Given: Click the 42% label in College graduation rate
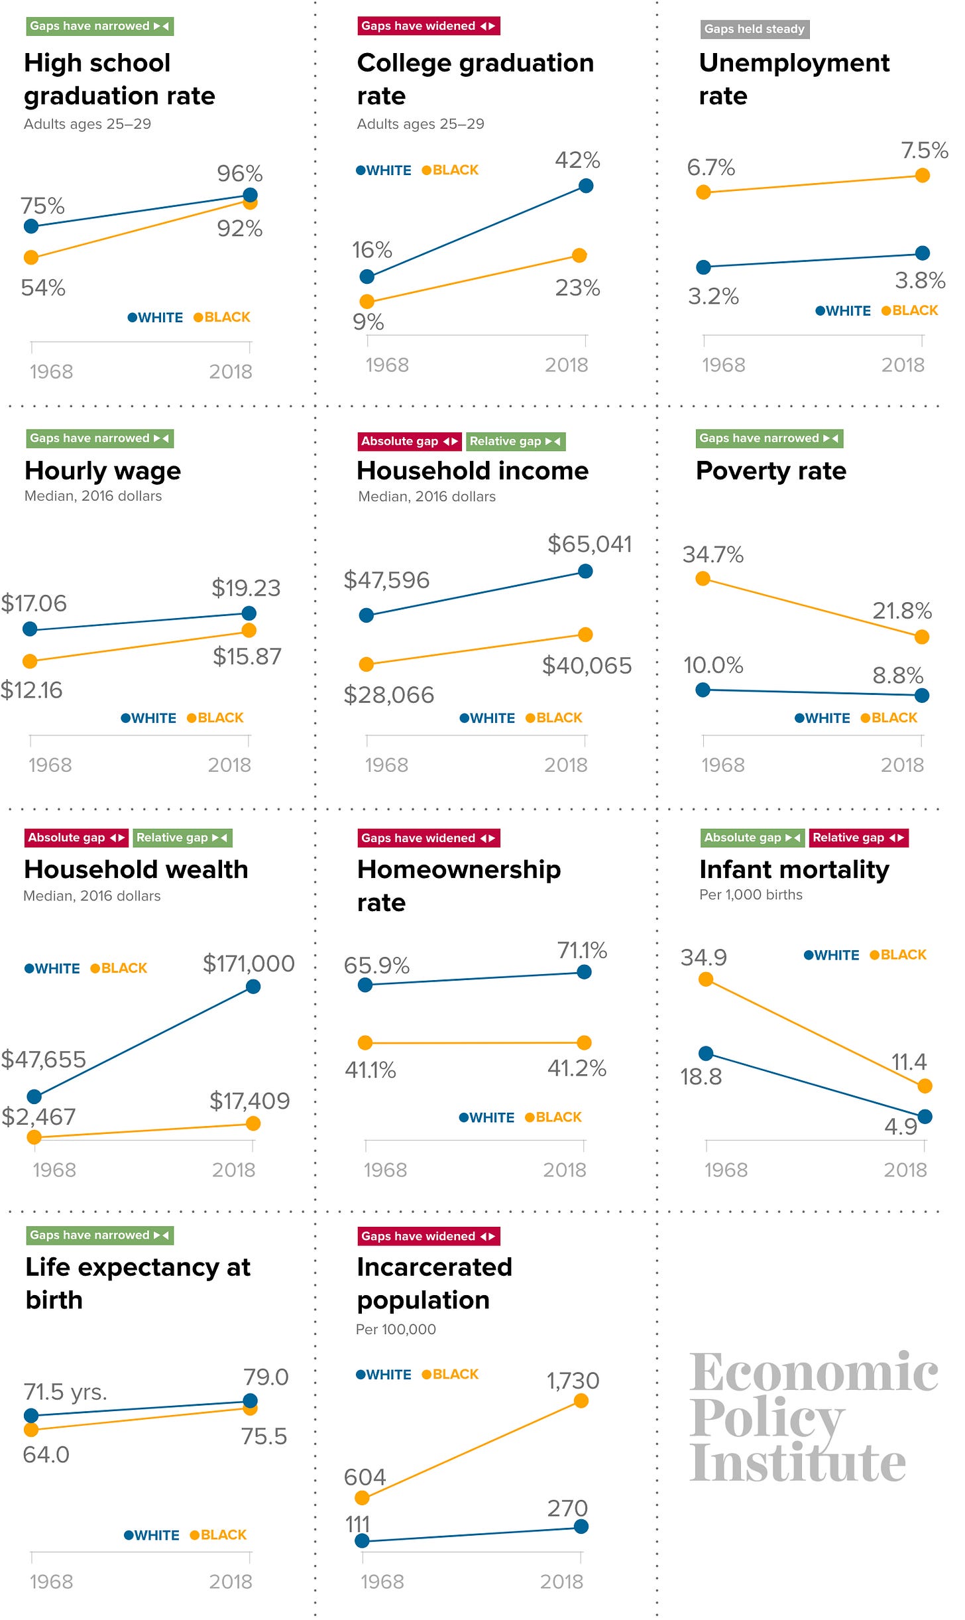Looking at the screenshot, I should coord(577,160).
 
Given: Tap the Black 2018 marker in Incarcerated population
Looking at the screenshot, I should coord(581,1401).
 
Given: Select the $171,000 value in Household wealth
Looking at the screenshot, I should coord(249,964).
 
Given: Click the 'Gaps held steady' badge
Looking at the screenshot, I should coord(754,29).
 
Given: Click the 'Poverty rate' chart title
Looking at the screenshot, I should coord(771,471).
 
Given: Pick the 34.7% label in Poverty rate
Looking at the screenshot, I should coord(712,554).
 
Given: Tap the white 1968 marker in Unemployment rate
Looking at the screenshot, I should coord(704,267).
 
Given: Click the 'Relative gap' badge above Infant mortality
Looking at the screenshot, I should coord(858,838).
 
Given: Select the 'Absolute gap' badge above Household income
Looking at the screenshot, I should coord(409,441).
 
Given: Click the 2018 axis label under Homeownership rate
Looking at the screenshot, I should coord(565,1170).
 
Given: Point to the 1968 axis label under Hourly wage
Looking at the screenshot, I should coord(50,765).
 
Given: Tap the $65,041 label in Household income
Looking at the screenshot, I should coord(589,544).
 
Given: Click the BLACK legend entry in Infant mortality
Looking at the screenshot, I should coord(898,955).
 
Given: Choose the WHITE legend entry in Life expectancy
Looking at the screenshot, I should coord(152,1535).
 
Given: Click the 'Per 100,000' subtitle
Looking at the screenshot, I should coord(396,1329).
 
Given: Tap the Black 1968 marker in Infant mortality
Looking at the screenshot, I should coord(706,979).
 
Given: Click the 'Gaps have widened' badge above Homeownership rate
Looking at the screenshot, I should coord(428,838).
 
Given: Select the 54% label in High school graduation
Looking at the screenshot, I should coord(43,288).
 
